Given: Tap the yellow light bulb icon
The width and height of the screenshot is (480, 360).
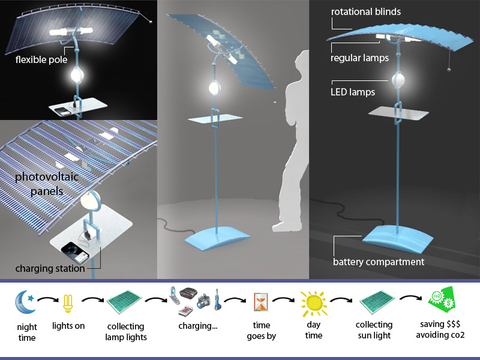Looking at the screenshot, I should [68, 305].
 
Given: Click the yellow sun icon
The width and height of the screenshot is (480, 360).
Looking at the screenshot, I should [313, 303].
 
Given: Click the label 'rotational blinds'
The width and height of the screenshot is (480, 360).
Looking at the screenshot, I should [365, 12].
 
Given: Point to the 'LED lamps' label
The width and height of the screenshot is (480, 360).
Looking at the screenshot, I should [353, 92].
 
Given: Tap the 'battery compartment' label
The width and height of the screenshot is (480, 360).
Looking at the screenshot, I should [379, 262].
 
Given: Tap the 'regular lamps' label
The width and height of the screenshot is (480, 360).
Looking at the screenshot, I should [359, 58].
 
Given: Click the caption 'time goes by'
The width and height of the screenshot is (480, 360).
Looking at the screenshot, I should [261, 331].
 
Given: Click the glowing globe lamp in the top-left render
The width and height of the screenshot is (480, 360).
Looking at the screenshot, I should [77, 75].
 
